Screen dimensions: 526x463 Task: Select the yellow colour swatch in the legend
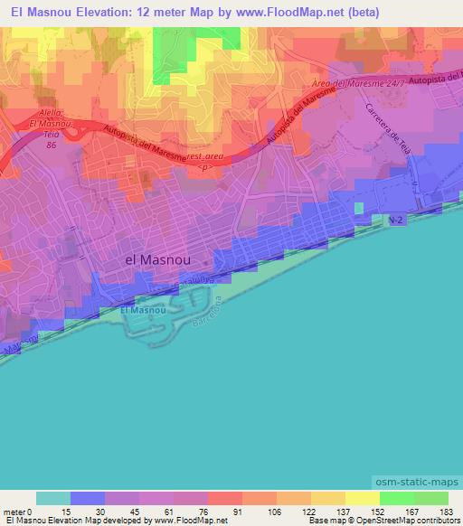362,499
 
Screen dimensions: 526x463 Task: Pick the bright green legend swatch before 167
396,499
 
